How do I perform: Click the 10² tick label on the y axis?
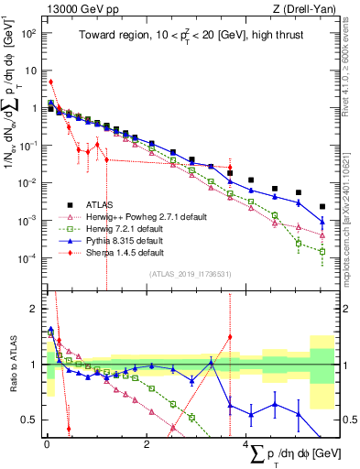[28, 32]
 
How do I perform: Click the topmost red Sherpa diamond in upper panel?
[50, 82]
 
